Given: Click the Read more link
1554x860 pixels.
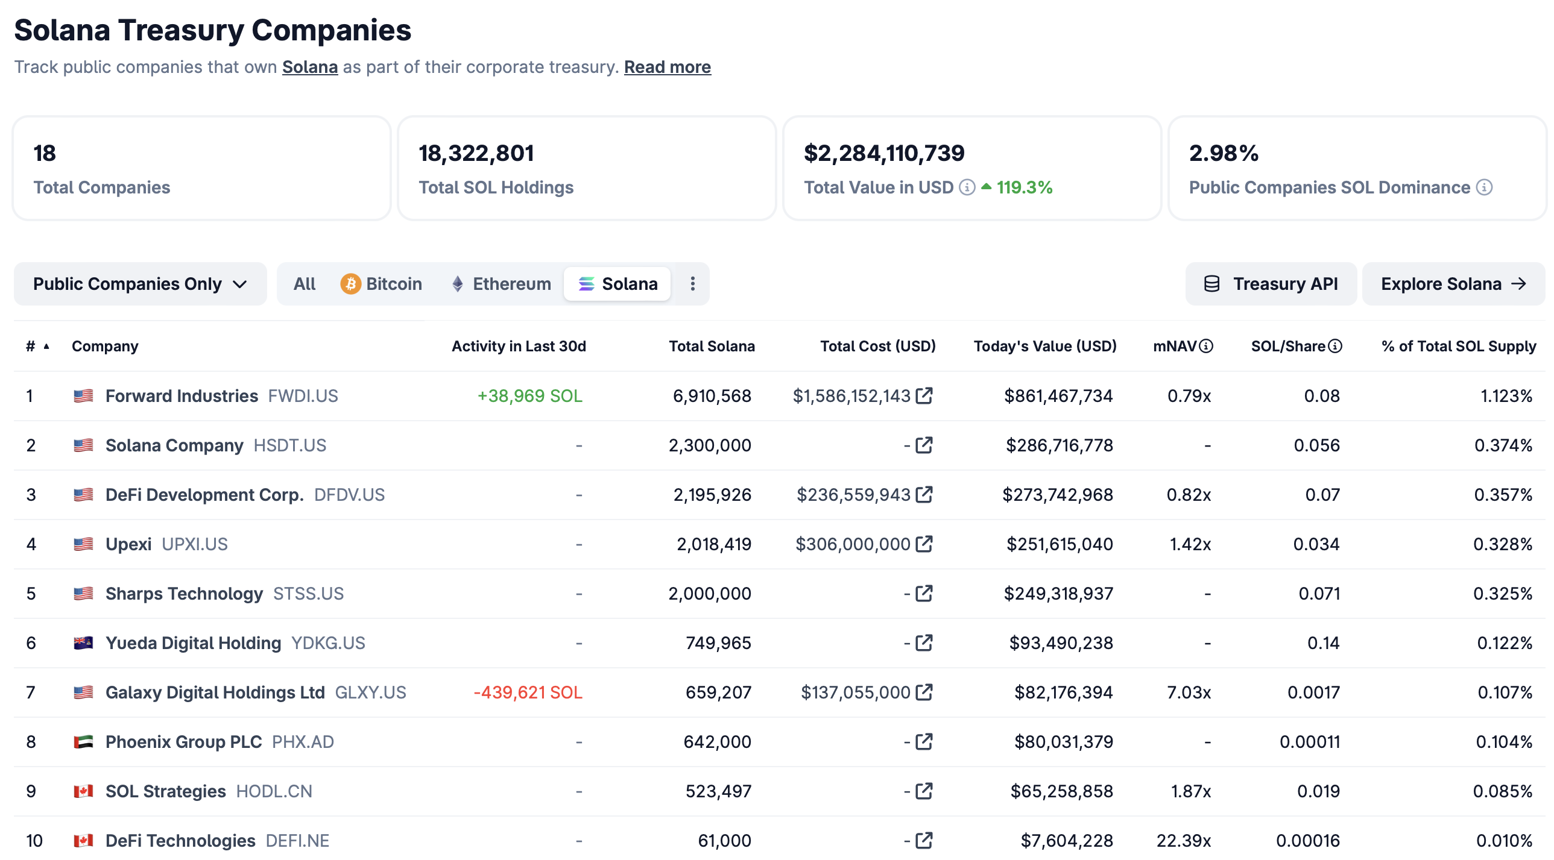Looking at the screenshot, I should coord(667,67).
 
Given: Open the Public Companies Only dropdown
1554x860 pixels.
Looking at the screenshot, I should coord(140,284).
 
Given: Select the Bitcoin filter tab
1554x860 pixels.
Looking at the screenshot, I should coord(381,284).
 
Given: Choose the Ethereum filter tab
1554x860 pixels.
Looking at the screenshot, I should coord(501,284).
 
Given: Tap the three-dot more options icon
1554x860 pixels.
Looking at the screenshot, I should coord(692,284).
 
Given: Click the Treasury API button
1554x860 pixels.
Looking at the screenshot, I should coord(1271,284).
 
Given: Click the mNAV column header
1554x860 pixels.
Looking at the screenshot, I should coord(1175,346).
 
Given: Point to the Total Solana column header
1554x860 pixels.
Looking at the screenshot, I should coord(711,346).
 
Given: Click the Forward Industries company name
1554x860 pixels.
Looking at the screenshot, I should coord(182,396).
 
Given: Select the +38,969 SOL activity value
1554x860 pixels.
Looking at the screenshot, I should coord(529,396).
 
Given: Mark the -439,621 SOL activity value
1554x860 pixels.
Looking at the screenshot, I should coord(527,692).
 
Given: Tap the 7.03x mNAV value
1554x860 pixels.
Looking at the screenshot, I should coord(1189,692).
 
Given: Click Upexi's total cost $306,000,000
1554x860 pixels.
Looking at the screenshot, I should coord(853,545).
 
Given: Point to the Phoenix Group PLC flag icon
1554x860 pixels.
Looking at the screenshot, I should coord(83,742).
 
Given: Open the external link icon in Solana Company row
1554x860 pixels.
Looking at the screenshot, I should coord(924,446).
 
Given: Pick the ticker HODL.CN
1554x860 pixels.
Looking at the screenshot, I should coord(274,791).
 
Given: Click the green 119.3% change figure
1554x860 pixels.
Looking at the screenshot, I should coord(1024,187).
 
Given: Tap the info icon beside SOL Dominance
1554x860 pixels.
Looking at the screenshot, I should coord(1484,187).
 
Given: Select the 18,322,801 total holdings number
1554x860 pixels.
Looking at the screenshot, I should coord(476,153).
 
